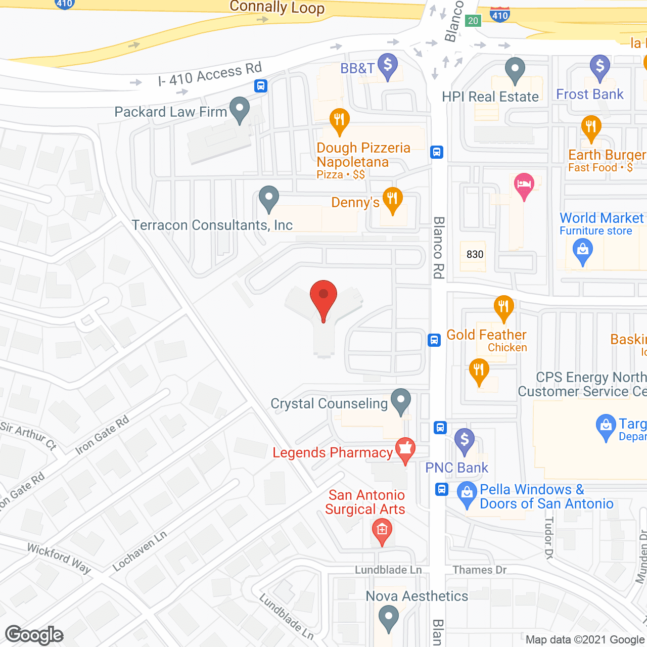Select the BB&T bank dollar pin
pyautogui.click(x=388, y=66)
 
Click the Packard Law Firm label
pyautogui.click(x=170, y=112)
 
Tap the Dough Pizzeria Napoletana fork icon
pyautogui.click(x=339, y=120)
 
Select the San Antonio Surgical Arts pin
pyautogui.click(x=382, y=531)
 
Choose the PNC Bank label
pyautogui.click(x=456, y=468)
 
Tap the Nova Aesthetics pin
pyautogui.click(x=389, y=618)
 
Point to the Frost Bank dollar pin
pyautogui.click(x=600, y=66)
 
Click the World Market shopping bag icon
pyautogui.click(x=582, y=250)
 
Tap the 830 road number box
pyautogui.click(x=475, y=254)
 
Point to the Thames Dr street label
pyautogui.click(x=479, y=570)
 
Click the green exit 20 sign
pyautogui.click(x=473, y=21)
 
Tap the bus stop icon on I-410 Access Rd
pyautogui.click(x=261, y=86)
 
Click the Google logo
pyautogui.click(x=34, y=635)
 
